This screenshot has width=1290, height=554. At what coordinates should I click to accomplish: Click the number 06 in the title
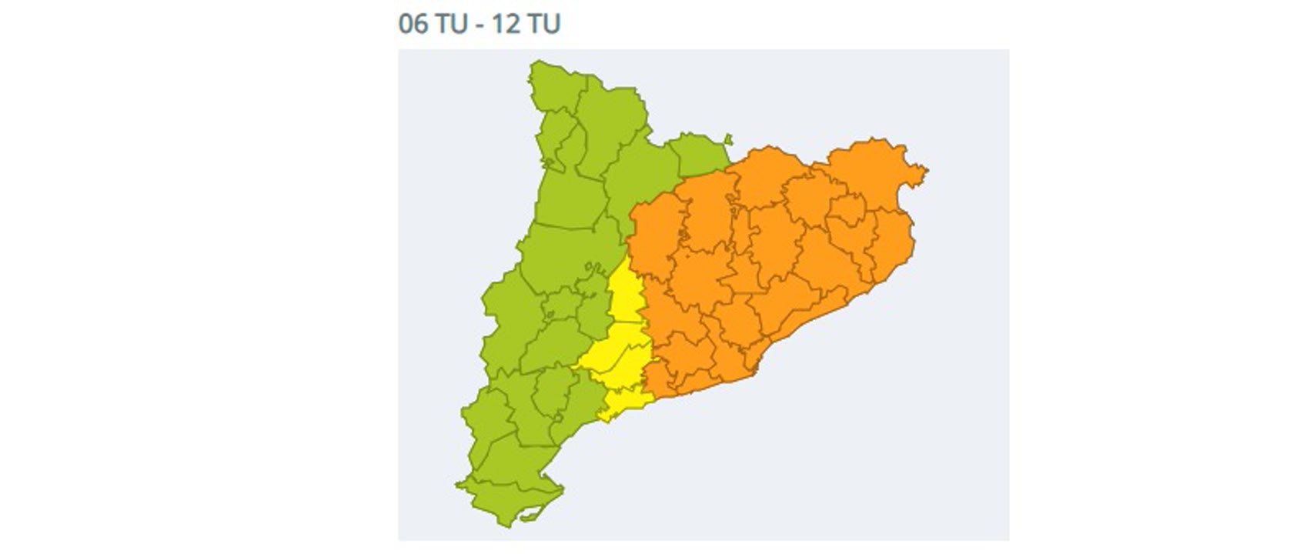point(412,23)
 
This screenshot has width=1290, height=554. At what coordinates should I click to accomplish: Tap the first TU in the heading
point(451,23)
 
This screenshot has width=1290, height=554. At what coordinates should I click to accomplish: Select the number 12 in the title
point(505,23)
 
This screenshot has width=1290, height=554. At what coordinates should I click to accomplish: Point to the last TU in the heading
point(543,23)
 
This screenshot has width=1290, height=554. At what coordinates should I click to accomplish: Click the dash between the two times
point(478,25)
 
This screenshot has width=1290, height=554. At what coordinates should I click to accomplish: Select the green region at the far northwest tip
point(550,88)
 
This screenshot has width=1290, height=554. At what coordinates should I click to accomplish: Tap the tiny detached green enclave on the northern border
point(728,140)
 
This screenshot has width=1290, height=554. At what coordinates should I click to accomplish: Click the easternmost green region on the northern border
point(697,154)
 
